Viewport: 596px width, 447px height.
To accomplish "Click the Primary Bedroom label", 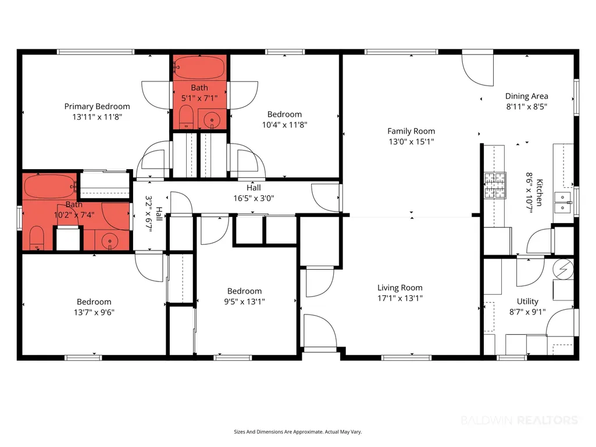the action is [x=97, y=106].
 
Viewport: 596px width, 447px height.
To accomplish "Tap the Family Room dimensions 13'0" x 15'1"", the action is [x=411, y=142].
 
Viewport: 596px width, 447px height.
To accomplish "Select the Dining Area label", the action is [x=526, y=96].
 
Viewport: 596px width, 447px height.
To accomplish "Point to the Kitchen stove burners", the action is [x=495, y=185].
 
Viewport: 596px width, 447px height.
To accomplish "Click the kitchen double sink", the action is [x=562, y=203].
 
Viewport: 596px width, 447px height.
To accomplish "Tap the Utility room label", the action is [x=527, y=302].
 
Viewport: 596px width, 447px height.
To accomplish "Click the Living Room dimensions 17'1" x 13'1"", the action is [x=400, y=298].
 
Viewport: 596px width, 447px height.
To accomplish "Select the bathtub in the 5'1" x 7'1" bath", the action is [x=199, y=67].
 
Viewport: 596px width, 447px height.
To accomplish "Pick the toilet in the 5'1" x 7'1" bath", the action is [x=186, y=117].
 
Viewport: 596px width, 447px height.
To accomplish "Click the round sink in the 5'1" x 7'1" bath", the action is [x=212, y=120].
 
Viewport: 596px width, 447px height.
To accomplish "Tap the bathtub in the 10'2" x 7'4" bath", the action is [x=51, y=186].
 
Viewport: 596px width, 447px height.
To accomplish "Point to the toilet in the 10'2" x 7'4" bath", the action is [x=37, y=238].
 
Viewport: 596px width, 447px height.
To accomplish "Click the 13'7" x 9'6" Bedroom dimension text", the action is [x=94, y=313].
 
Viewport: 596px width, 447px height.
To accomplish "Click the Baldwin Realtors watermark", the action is [x=519, y=420].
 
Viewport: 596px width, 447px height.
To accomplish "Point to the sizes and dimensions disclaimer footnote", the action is [x=298, y=432].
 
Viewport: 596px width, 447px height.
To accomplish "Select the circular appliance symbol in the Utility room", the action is [x=563, y=269].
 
